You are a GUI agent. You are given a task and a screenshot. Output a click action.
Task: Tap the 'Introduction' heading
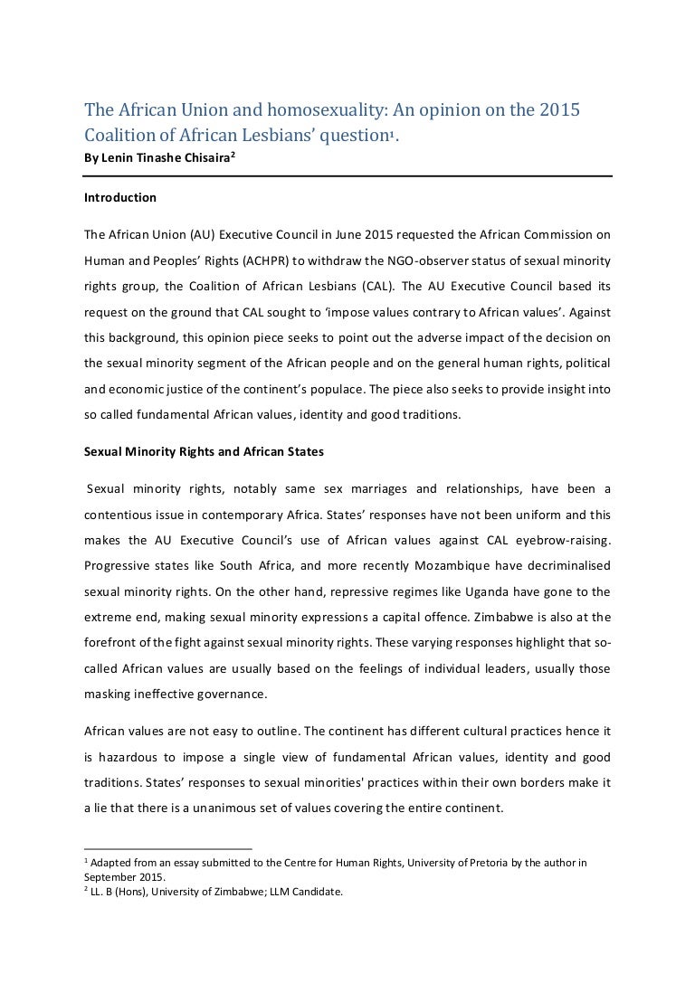(119, 197)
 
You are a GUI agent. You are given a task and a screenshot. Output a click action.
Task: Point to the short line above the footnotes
(155, 849)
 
